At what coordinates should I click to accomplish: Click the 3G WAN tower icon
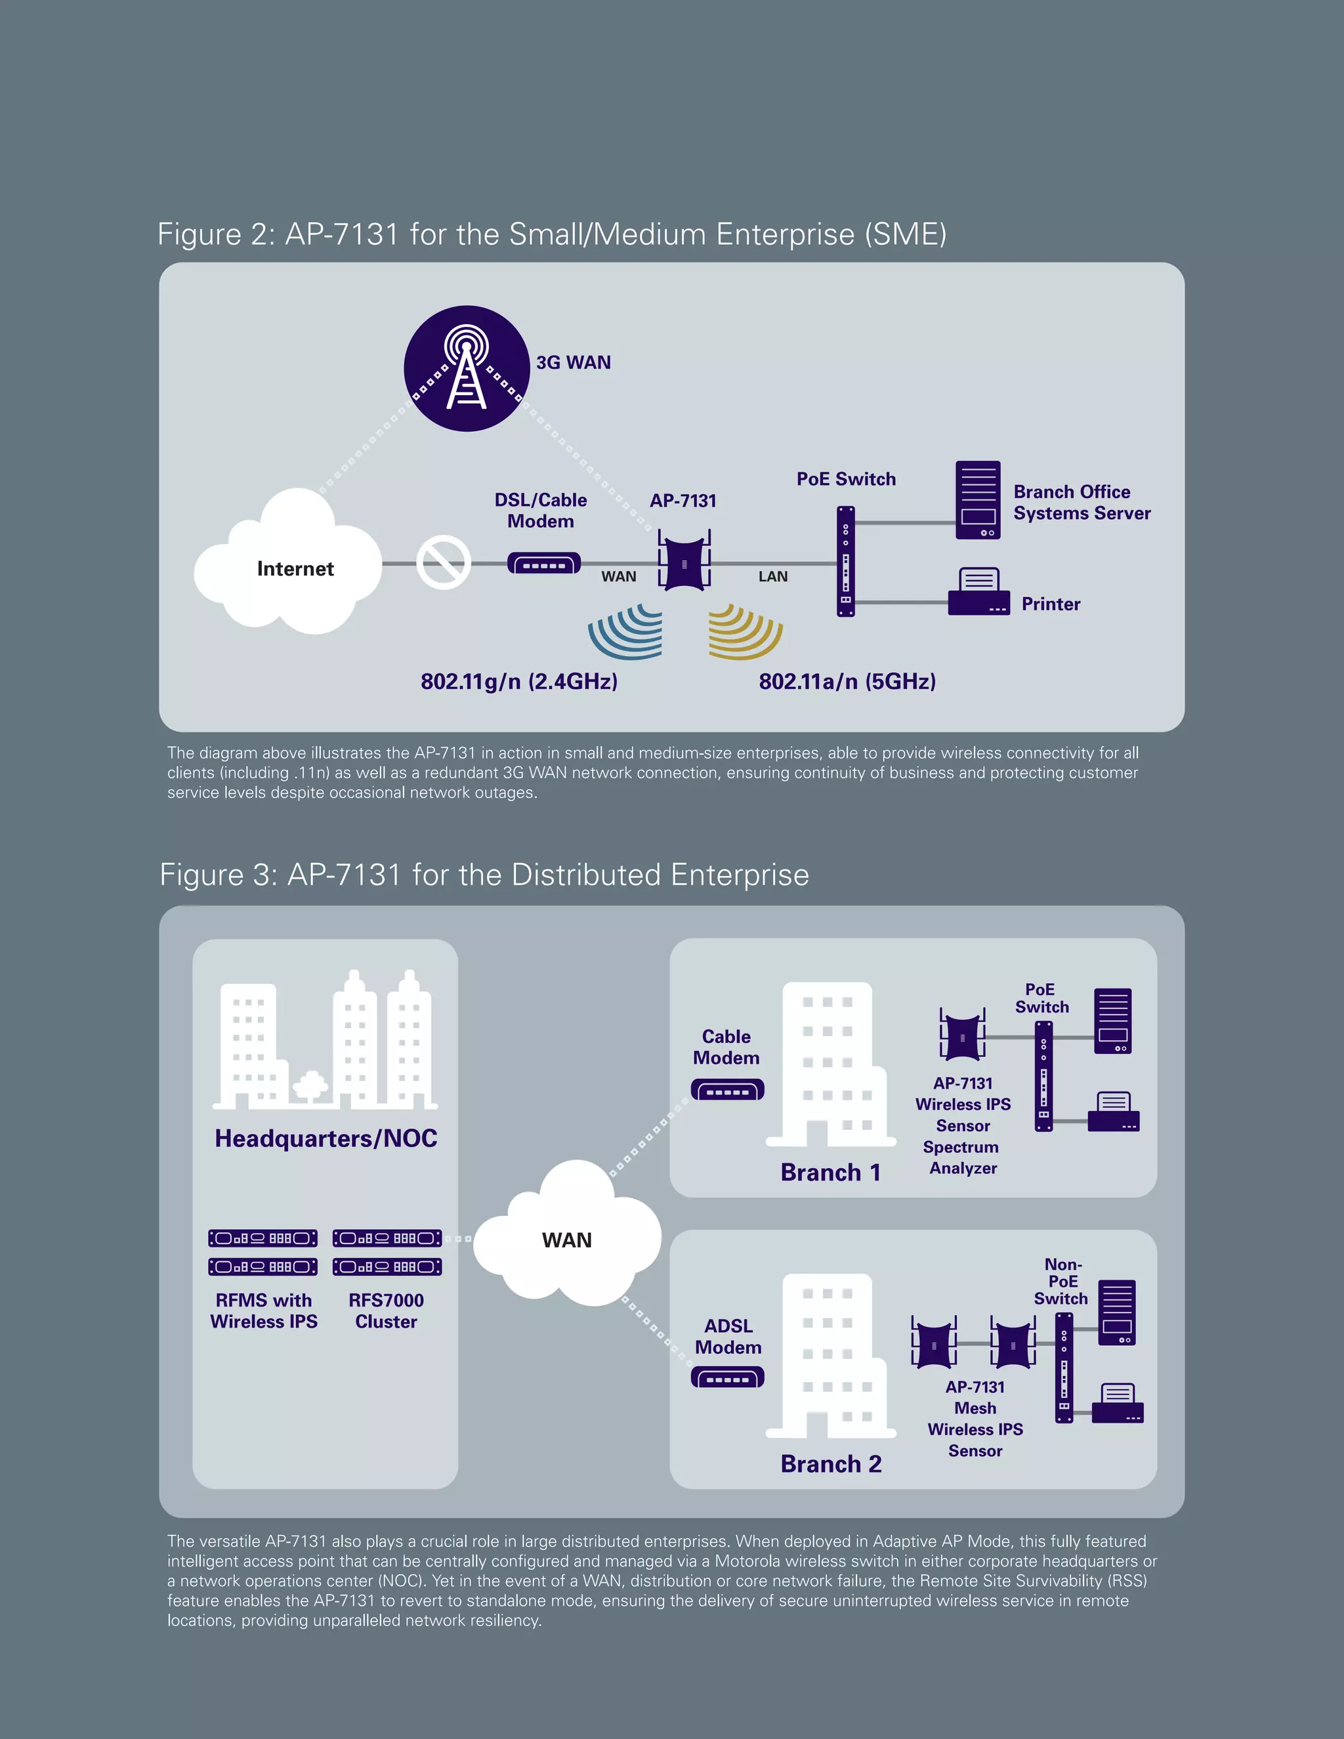[467, 369]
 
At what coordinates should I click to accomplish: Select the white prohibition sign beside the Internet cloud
[444, 563]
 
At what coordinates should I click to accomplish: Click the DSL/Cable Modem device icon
[544, 564]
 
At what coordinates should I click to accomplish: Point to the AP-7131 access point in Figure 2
[684, 563]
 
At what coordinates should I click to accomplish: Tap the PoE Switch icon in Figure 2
[845, 561]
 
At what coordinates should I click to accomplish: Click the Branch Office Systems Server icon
[978, 500]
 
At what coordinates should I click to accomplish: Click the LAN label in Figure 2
[772, 576]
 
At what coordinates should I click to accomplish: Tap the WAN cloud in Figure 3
[567, 1239]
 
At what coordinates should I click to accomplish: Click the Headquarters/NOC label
[325, 1138]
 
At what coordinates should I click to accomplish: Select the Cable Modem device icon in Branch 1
[727, 1089]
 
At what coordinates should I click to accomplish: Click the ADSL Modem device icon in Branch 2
[727, 1377]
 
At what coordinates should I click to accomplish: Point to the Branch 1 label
[830, 1172]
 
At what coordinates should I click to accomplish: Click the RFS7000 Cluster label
[386, 1310]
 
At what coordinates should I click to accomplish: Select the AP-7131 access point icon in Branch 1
[962, 1036]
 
